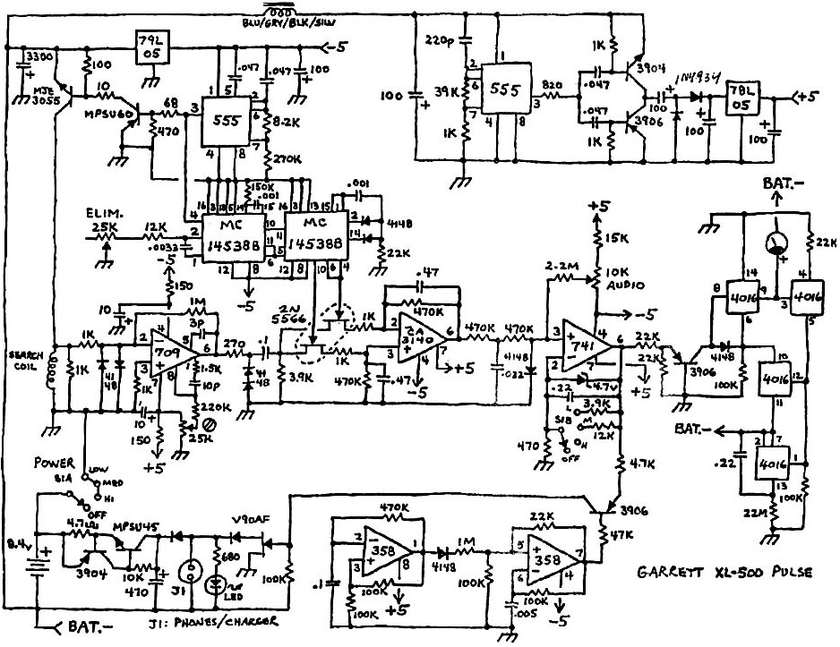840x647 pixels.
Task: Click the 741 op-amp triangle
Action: (582, 344)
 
